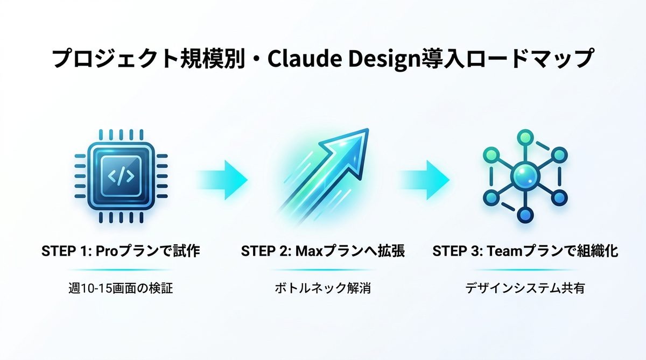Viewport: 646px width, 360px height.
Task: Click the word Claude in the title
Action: (293, 58)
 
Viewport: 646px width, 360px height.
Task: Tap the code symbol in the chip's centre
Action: (120, 175)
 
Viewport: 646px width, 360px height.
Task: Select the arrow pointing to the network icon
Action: (424, 175)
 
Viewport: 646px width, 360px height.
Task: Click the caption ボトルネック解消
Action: (322, 288)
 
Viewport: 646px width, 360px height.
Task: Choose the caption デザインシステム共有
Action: (525, 288)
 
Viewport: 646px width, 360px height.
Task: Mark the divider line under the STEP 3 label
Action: (525, 270)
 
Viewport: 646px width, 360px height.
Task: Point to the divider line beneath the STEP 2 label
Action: (322, 270)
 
